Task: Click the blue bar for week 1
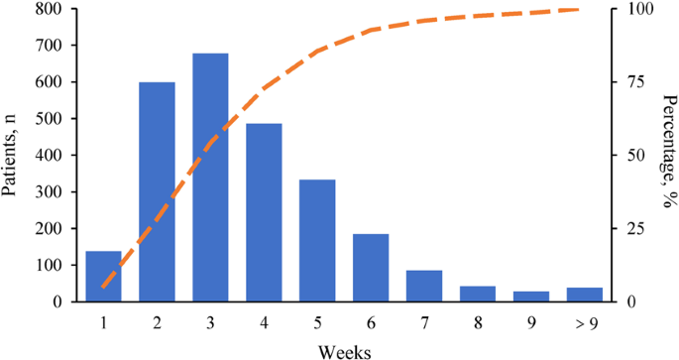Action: coord(103,277)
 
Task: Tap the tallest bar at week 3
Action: coord(210,178)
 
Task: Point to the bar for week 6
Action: coord(371,268)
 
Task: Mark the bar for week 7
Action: coord(424,286)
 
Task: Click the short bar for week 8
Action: coord(478,294)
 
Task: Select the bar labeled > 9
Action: coord(585,295)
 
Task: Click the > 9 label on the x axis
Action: coord(585,322)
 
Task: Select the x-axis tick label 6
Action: coord(371,322)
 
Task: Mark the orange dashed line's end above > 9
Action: coord(603,10)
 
